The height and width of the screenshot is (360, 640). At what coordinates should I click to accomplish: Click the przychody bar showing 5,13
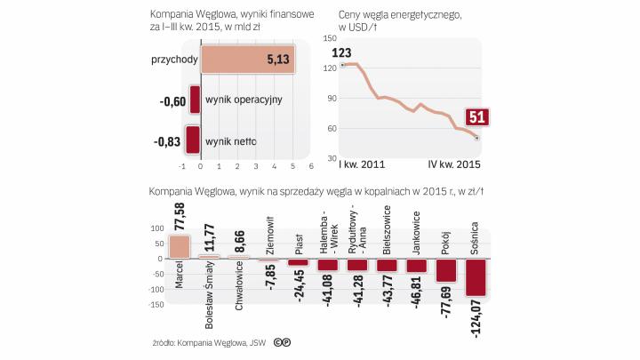click(x=248, y=60)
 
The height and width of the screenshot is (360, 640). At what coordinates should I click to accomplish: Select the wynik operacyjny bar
click(x=195, y=100)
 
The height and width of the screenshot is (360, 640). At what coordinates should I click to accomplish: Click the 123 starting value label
click(x=340, y=52)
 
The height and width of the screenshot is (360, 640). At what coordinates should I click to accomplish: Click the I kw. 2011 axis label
click(x=362, y=165)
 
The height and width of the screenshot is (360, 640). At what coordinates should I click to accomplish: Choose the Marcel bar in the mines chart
click(x=180, y=246)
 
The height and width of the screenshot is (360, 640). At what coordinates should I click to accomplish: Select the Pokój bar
click(x=445, y=269)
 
